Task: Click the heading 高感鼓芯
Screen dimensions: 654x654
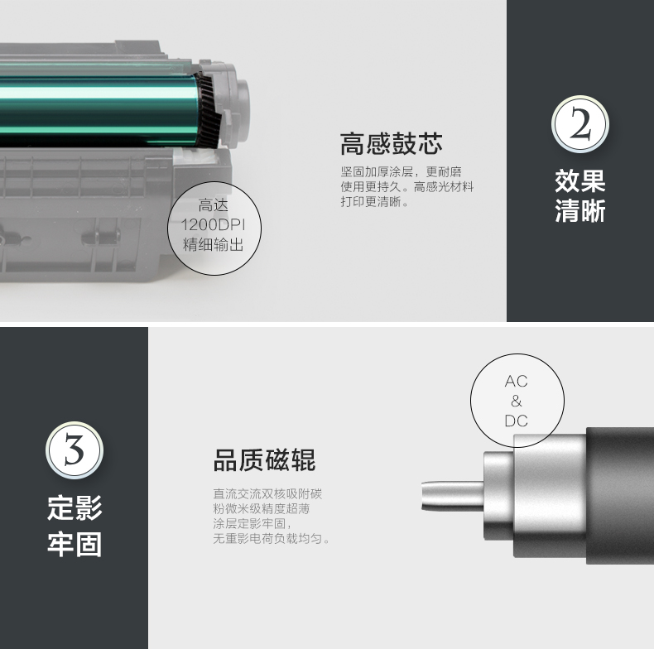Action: pyautogui.click(x=391, y=144)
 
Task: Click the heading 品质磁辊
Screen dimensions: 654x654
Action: pyautogui.click(x=264, y=460)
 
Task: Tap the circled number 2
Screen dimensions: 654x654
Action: pyautogui.click(x=580, y=127)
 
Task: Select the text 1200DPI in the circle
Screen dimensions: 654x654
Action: pyautogui.click(x=213, y=225)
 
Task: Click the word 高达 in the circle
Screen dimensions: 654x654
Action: pyautogui.click(x=213, y=206)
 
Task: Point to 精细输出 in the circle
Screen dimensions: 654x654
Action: pyautogui.click(x=213, y=245)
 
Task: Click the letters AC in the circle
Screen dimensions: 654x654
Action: pyautogui.click(x=516, y=382)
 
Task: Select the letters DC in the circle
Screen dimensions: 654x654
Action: pyautogui.click(x=516, y=421)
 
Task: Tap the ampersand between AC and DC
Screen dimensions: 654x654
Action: pyautogui.click(x=517, y=402)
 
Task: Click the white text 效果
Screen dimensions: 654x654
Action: pyautogui.click(x=580, y=180)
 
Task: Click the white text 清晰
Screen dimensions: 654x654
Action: pyautogui.click(x=580, y=211)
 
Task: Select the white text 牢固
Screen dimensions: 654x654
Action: pyautogui.click(x=75, y=544)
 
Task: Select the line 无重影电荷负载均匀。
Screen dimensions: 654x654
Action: pyautogui.click(x=272, y=539)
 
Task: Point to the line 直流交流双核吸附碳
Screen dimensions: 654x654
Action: pyautogui.click(x=267, y=494)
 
